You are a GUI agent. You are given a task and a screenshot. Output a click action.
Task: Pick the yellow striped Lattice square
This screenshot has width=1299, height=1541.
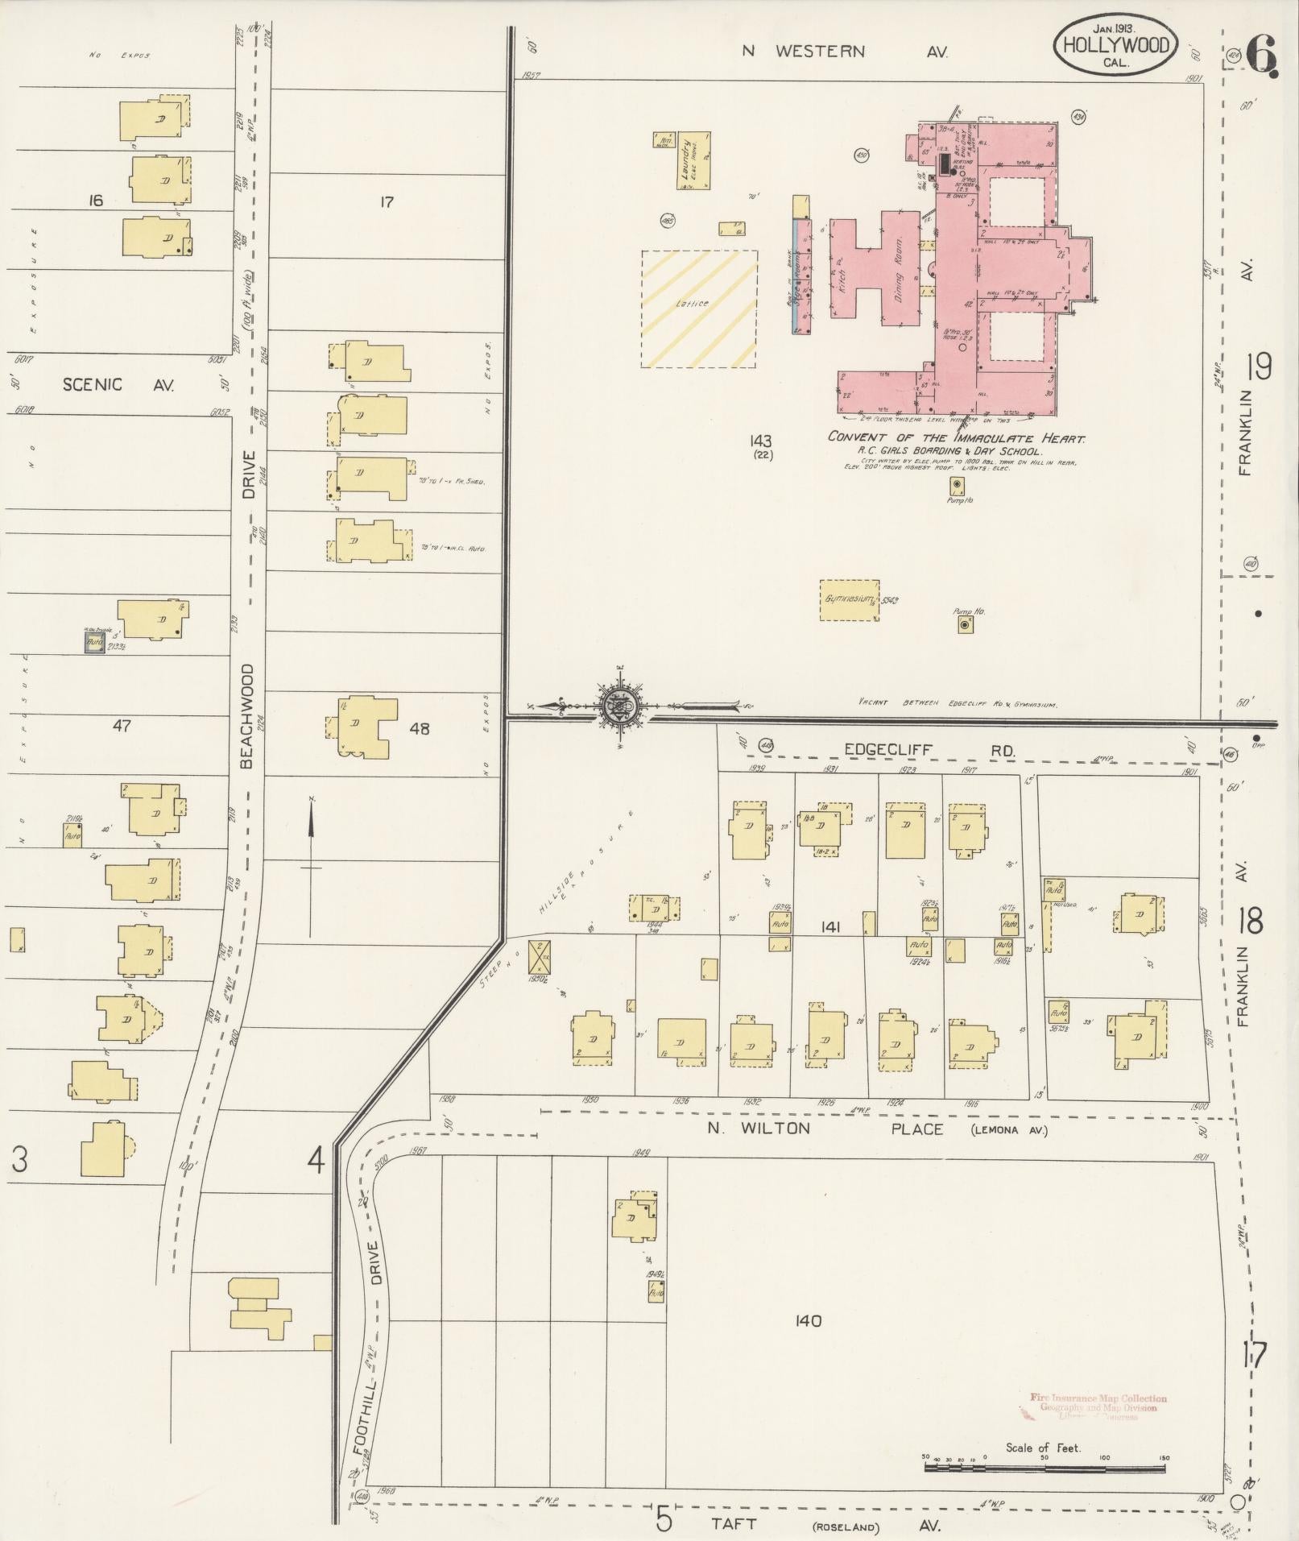click(698, 309)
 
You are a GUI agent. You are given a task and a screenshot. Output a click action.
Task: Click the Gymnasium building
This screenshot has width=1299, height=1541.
click(849, 600)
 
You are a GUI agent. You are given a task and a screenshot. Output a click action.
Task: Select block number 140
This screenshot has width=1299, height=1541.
click(807, 1321)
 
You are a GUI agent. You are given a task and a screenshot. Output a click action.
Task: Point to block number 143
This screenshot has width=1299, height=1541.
click(759, 441)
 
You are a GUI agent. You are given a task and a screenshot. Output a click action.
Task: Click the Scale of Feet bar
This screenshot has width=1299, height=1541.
click(1045, 1469)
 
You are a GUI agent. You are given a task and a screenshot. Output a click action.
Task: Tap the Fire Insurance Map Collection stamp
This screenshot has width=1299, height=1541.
click(1098, 1407)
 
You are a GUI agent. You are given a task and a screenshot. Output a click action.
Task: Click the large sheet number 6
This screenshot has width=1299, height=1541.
click(1260, 55)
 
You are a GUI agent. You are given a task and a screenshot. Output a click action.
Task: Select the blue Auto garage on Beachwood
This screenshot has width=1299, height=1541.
click(95, 643)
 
